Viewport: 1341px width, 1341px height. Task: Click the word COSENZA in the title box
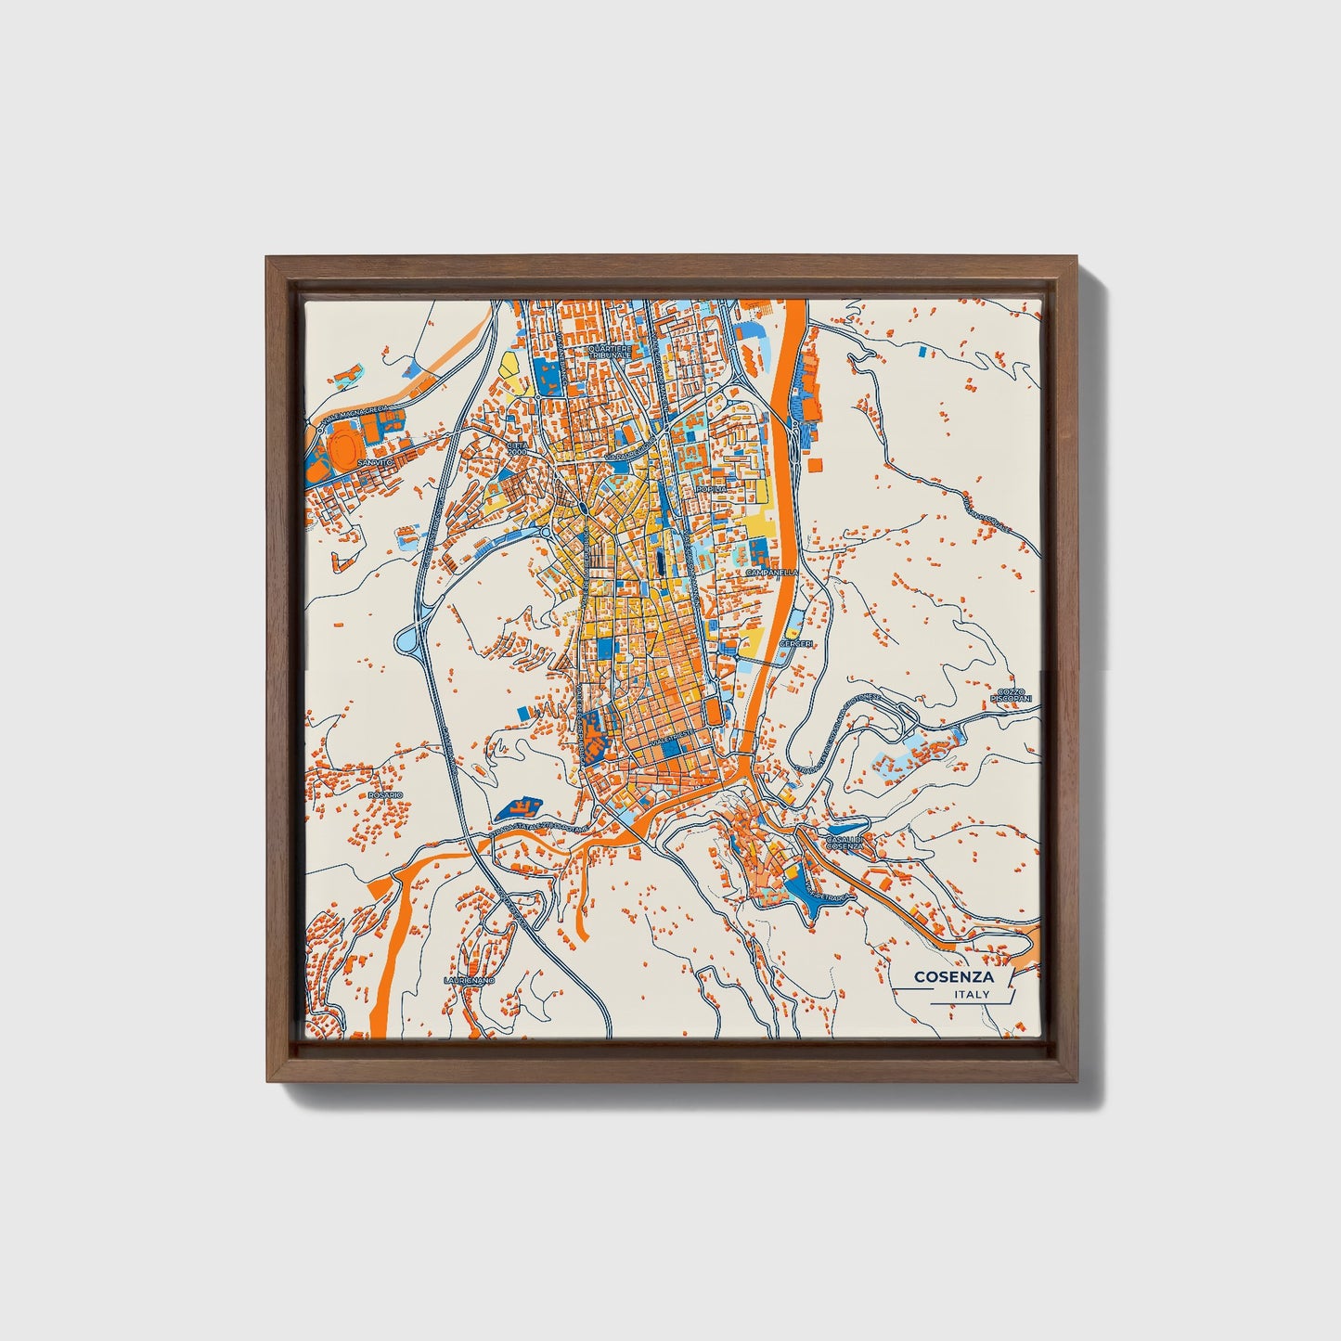coord(953,976)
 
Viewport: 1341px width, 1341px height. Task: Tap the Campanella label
coord(771,574)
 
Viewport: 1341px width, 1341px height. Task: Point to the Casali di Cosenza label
coord(845,843)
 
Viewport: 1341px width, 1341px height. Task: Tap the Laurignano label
coord(470,980)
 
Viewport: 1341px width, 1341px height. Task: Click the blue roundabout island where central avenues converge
coord(580,507)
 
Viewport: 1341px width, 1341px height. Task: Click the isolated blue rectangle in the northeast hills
coord(921,353)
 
